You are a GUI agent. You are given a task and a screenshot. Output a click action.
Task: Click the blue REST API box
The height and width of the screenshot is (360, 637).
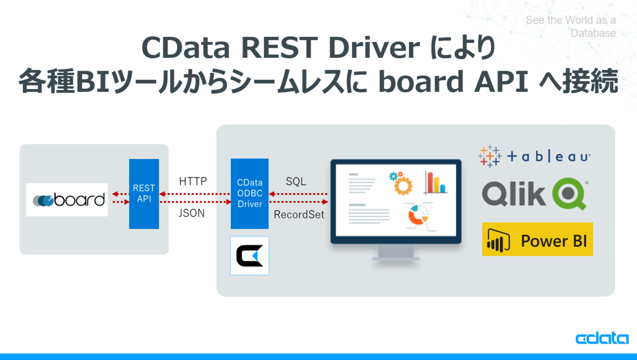(x=144, y=194)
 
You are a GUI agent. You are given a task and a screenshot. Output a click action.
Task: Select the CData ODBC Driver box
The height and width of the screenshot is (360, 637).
(x=249, y=194)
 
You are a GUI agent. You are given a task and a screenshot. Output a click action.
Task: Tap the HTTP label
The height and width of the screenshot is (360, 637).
(x=193, y=181)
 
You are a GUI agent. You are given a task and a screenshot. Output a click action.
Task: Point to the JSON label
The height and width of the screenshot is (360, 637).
(x=192, y=213)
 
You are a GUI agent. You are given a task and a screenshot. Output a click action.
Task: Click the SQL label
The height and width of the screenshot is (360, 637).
(x=296, y=182)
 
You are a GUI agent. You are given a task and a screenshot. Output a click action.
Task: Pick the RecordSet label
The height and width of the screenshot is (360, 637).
(x=299, y=215)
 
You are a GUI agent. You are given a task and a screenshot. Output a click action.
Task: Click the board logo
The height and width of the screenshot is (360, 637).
(x=67, y=200)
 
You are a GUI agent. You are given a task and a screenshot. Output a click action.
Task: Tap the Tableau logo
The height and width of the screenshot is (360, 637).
(x=534, y=156)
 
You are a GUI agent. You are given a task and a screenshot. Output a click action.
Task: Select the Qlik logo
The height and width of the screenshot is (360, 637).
(x=535, y=194)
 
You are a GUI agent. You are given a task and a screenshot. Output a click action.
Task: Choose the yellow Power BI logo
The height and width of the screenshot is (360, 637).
(x=537, y=239)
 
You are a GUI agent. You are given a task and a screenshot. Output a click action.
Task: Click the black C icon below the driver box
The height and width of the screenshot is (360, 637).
(x=249, y=255)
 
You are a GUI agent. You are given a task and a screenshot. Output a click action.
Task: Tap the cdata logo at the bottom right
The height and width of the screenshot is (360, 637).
(x=602, y=338)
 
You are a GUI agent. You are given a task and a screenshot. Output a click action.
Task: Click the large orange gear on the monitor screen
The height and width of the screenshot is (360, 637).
(x=403, y=186)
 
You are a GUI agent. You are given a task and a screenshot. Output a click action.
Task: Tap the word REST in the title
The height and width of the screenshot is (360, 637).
(x=279, y=47)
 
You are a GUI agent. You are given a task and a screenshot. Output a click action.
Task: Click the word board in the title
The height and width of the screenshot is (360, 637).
(x=421, y=81)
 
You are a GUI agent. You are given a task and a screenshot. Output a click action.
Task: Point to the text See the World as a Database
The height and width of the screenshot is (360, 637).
(x=571, y=27)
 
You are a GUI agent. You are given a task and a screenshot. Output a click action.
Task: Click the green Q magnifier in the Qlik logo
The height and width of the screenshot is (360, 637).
(x=569, y=194)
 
